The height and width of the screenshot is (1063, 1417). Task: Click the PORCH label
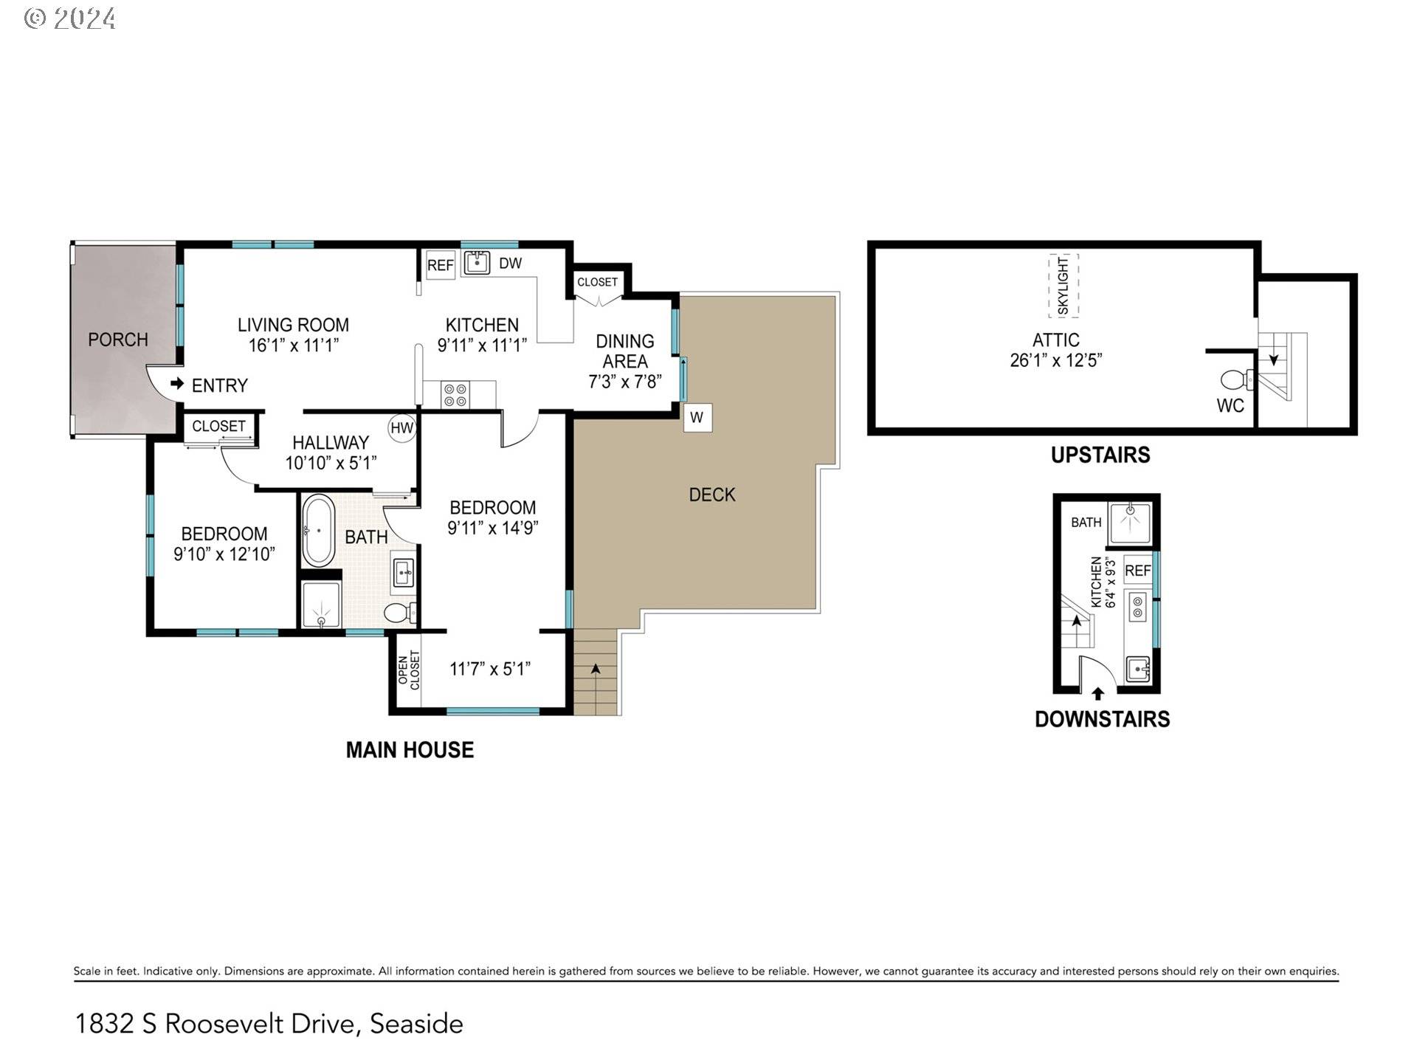[x=118, y=340]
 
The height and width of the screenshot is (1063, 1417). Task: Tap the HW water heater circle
[x=402, y=428]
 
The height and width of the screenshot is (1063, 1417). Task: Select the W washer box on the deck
[x=697, y=418]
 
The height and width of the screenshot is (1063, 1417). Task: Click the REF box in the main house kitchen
[x=441, y=265]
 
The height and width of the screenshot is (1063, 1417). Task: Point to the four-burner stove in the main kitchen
[x=455, y=395]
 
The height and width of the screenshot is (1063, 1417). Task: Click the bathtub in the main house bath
[x=319, y=531]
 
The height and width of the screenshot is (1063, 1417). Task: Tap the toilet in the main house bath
[x=400, y=613]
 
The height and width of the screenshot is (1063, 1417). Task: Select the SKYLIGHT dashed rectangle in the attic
[x=1063, y=286]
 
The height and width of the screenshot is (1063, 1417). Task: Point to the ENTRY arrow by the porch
[x=177, y=384]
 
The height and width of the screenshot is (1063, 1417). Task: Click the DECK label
[x=712, y=495]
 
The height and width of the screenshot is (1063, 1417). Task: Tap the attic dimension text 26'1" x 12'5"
[x=1056, y=360]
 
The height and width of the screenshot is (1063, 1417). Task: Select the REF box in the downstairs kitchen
[x=1137, y=570]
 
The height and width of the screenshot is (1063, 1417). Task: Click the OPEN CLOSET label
[x=409, y=670]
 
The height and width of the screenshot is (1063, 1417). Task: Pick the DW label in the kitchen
[x=511, y=264]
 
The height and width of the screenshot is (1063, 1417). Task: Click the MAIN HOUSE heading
[x=410, y=750]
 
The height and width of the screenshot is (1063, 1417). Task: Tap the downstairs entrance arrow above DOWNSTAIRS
[x=1098, y=694]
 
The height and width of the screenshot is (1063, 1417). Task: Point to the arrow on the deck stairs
[x=596, y=668]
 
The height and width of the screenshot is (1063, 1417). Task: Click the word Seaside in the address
[x=416, y=1024]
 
